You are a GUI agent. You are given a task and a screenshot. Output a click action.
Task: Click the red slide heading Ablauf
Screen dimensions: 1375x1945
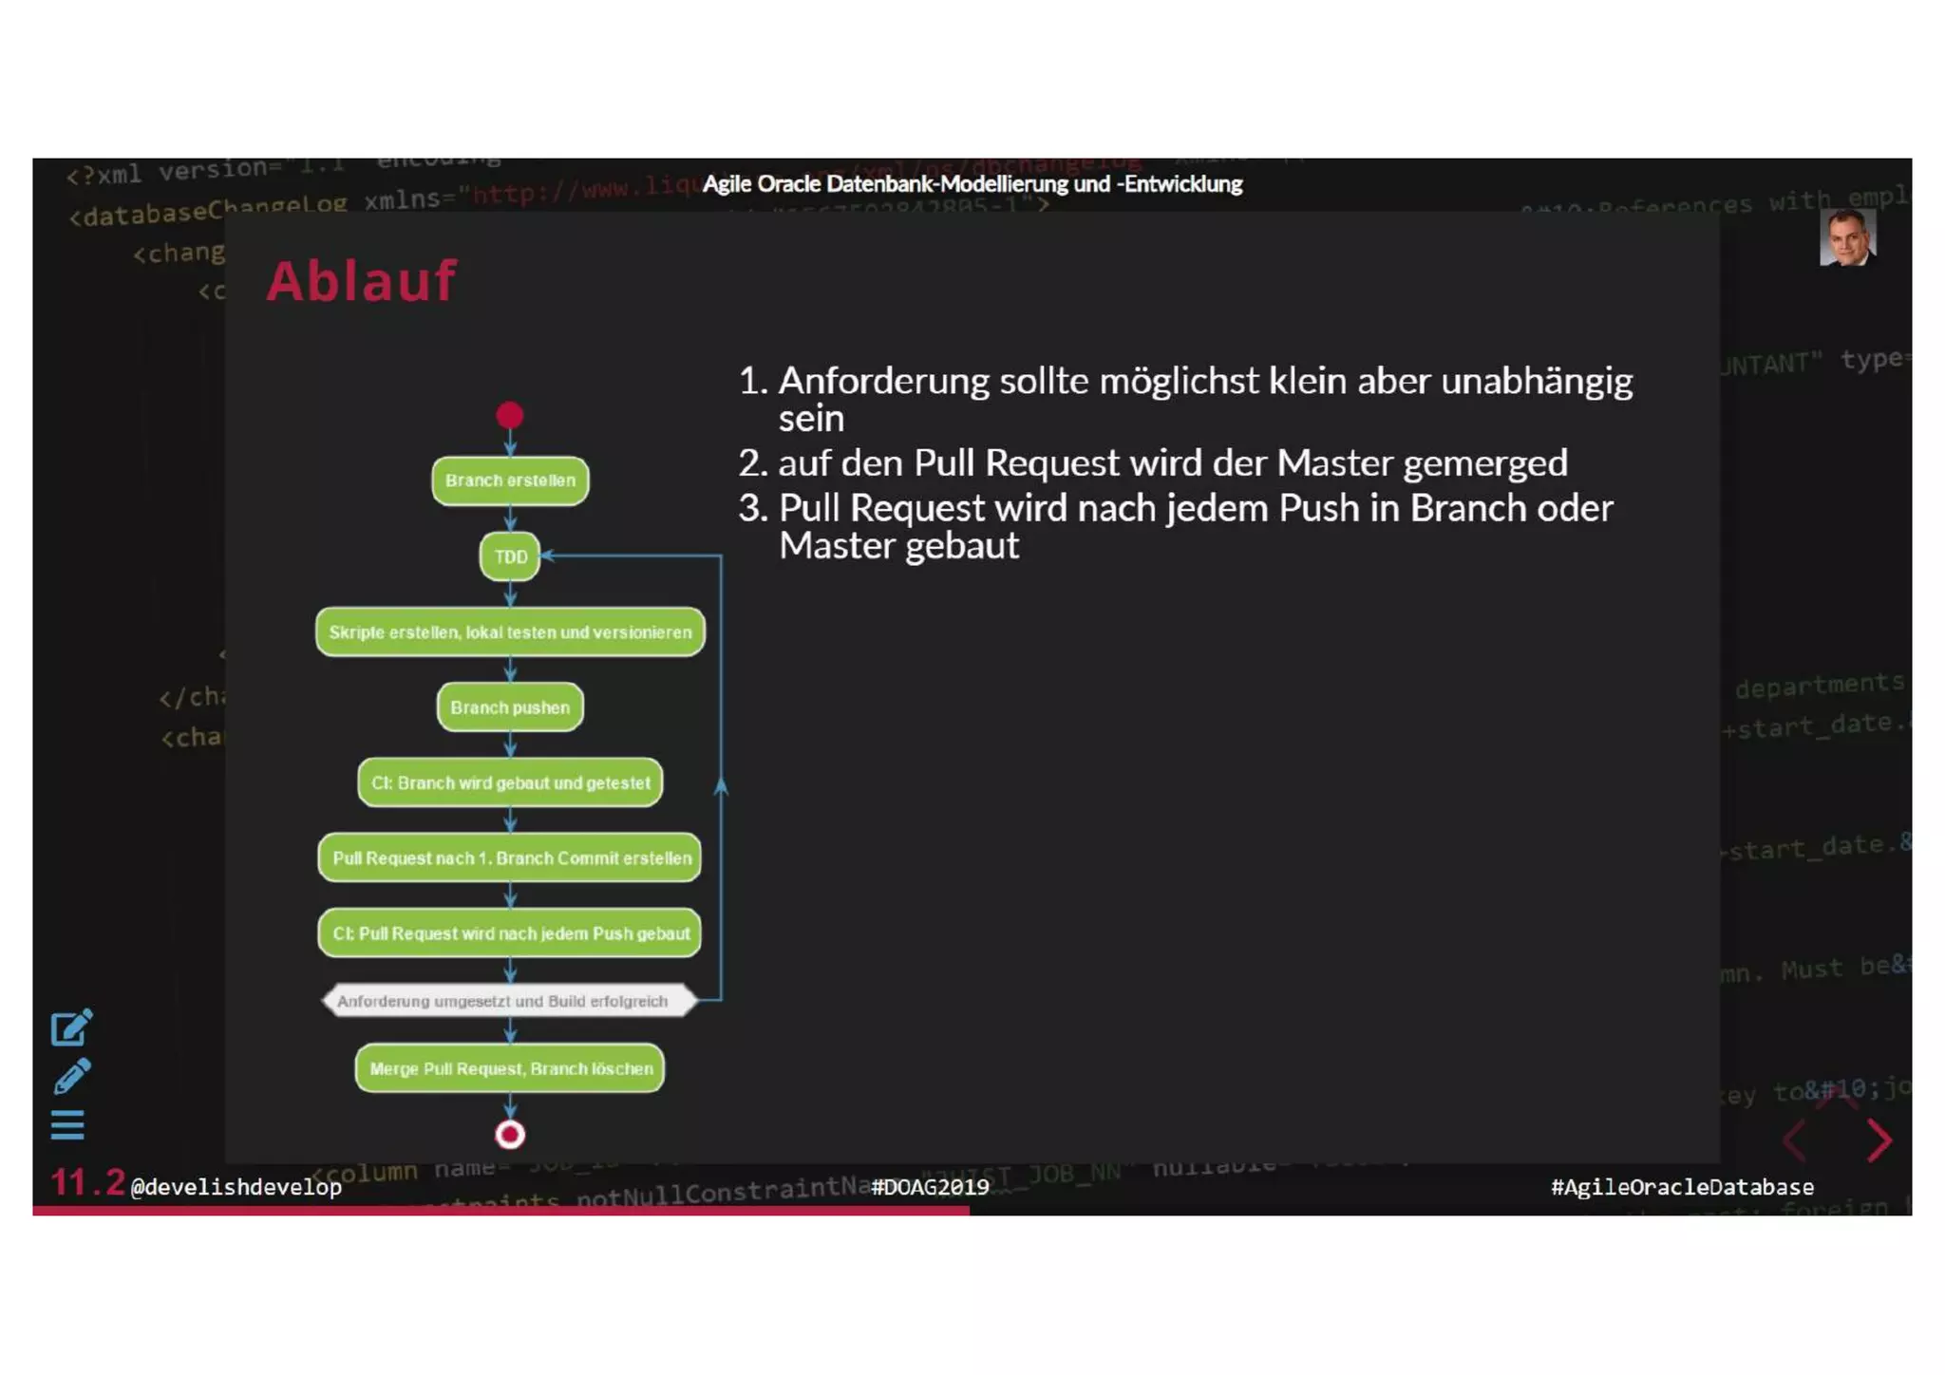tap(361, 281)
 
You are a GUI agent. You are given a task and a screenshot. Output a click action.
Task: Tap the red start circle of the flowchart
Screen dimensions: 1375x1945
tap(510, 415)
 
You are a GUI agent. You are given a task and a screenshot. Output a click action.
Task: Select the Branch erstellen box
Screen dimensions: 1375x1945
tap(510, 480)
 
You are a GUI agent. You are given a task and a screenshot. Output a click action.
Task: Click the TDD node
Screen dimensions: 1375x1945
tap(510, 556)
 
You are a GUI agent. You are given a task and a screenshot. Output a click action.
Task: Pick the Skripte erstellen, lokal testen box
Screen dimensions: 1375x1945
tap(510, 632)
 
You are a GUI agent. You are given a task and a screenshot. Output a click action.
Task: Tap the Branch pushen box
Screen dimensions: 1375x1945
tap(510, 707)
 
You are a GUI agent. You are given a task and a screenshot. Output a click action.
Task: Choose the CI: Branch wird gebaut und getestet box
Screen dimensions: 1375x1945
tap(510, 782)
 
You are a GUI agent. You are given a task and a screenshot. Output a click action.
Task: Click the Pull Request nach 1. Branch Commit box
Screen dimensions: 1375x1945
tap(510, 857)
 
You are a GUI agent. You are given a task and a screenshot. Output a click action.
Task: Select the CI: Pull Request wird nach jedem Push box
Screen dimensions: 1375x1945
tap(510, 933)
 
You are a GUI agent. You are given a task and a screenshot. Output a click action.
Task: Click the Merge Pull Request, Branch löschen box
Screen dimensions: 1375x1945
tap(510, 1068)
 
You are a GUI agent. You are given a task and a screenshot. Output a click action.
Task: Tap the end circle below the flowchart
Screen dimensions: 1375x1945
tap(510, 1135)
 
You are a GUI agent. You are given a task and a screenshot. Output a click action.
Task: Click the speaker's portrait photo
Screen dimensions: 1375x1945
tap(1847, 237)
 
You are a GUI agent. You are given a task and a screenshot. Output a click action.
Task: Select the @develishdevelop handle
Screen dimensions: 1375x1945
tap(236, 1187)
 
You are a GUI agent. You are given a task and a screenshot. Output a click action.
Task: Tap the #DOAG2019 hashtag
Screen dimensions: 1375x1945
tap(930, 1187)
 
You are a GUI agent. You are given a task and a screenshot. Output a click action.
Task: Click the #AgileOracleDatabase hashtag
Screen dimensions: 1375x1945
tap(1682, 1187)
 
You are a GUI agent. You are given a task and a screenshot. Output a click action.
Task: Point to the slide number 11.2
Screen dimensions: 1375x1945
tap(87, 1183)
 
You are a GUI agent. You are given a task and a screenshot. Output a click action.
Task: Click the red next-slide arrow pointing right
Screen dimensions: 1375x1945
tap(1879, 1140)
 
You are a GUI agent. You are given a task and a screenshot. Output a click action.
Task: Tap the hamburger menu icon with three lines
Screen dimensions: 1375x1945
tap(67, 1125)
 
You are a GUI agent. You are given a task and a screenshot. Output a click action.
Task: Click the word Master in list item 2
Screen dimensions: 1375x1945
tap(1334, 463)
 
